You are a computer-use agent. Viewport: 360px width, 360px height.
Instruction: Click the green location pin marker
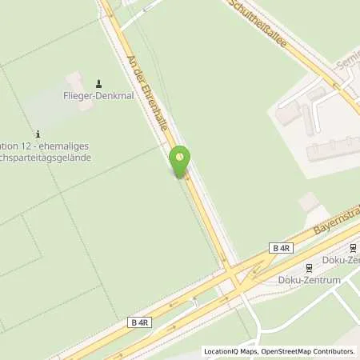tap(181, 159)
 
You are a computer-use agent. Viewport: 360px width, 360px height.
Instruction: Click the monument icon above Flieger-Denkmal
tap(99, 84)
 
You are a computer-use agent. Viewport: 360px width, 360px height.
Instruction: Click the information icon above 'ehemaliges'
tap(38, 133)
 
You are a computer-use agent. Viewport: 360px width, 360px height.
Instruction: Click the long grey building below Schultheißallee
tap(332, 149)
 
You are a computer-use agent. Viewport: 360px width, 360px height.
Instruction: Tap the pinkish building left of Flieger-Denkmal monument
tap(74, 81)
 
